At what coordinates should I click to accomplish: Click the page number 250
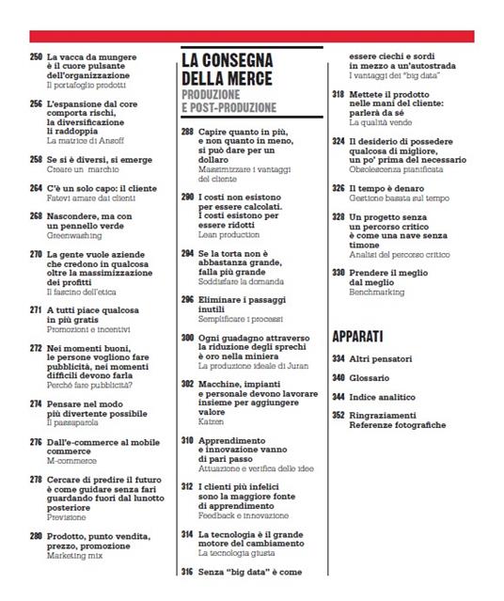click(36, 57)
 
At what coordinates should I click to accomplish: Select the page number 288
click(188, 133)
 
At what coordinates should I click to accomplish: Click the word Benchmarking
click(375, 293)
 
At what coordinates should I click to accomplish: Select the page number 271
click(36, 309)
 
